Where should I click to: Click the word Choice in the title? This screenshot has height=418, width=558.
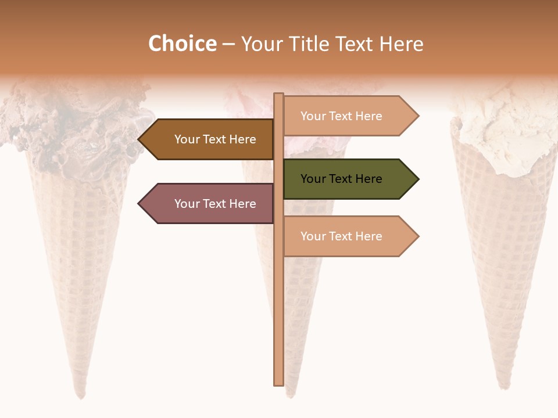182,44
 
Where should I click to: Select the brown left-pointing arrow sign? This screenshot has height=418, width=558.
206,139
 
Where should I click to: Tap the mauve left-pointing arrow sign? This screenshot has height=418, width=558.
206,204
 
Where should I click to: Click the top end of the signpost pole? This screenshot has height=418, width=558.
279,95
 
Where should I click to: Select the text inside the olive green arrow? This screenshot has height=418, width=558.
341,179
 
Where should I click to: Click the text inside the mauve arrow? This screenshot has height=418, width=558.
215,204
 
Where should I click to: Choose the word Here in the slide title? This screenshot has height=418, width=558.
401,44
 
